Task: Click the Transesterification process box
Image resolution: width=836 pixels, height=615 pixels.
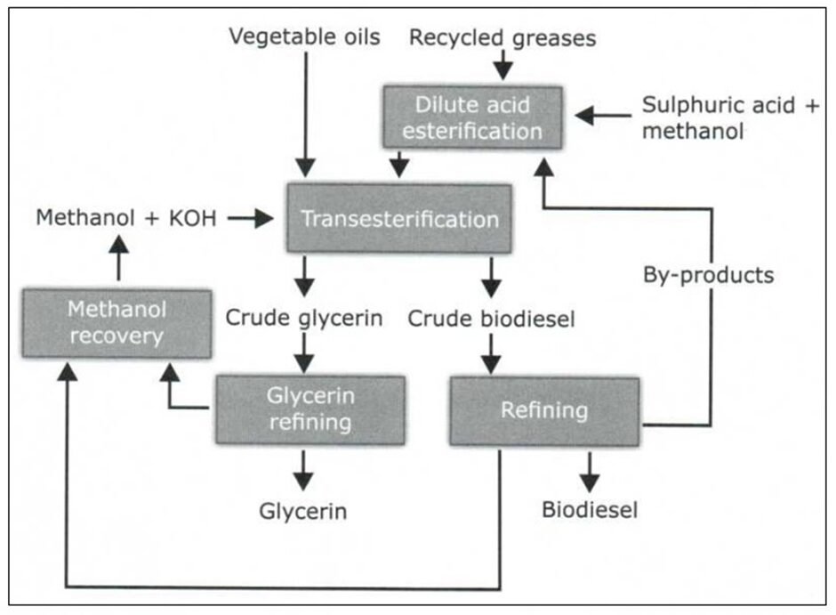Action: (398, 218)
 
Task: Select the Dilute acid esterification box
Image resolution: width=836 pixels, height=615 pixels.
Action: (472, 117)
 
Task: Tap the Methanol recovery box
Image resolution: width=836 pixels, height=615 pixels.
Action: (117, 323)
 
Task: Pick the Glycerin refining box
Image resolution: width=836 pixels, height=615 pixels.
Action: (309, 409)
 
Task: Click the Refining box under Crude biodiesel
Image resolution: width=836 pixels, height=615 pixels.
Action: (543, 410)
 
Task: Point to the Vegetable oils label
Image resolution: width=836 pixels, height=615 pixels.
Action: (304, 36)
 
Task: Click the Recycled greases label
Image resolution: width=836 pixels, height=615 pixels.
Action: (502, 37)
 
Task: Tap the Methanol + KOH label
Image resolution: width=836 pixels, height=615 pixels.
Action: (126, 218)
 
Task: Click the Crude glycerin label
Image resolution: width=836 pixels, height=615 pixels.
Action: (304, 318)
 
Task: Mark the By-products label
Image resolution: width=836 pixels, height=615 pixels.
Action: (708, 275)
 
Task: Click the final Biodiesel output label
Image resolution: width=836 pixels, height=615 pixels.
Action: (590, 510)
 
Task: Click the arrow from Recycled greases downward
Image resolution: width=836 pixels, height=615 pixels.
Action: (502, 65)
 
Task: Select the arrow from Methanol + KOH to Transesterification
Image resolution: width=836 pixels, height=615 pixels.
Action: (251, 218)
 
